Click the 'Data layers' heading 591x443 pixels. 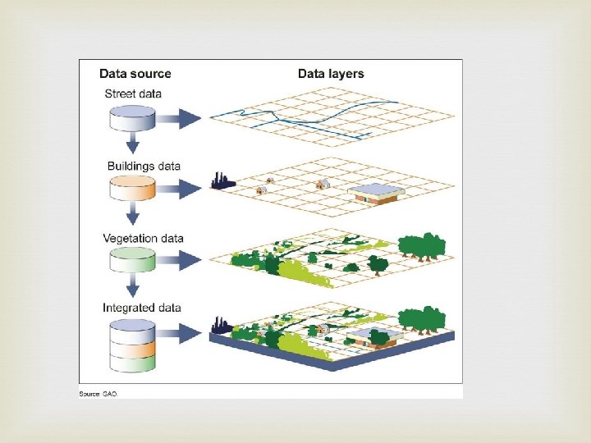click(x=330, y=74)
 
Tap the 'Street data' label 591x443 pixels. click(x=133, y=94)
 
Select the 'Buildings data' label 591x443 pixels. click(x=144, y=167)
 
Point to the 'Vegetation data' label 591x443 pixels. click(x=143, y=239)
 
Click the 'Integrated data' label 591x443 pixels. click(x=142, y=308)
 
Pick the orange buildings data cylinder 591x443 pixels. click(x=132, y=190)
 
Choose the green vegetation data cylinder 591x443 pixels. click(x=132, y=260)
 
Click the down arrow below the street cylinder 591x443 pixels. click(x=131, y=145)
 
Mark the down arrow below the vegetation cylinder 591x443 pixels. click(x=131, y=288)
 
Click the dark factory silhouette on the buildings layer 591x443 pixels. click(x=222, y=180)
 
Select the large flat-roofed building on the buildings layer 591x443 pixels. click(x=376, y=194)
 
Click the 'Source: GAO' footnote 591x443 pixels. click(x=98, y=394)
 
